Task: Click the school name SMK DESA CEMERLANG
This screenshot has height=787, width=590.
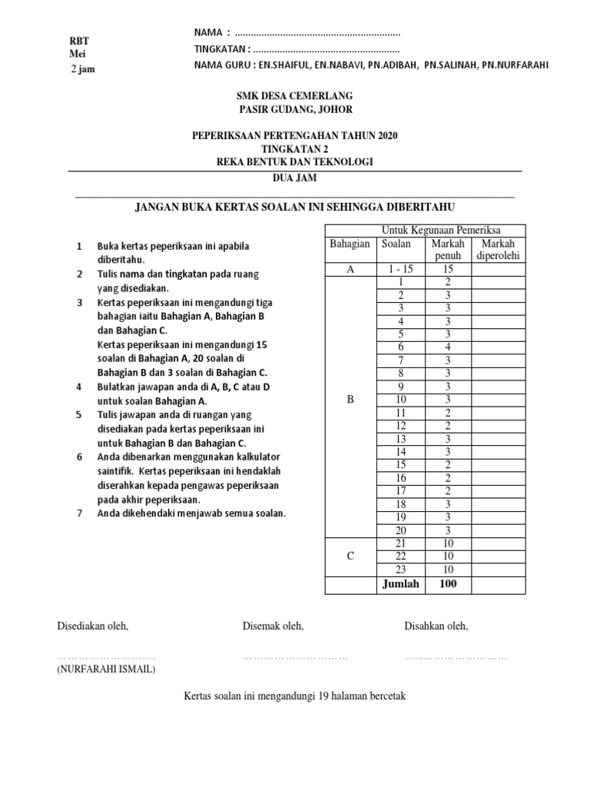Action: click(294, 96)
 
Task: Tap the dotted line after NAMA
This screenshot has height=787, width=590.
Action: click(317, 33)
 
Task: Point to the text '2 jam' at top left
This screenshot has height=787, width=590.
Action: click(83, 69)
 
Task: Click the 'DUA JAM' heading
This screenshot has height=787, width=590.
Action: click(294, 177)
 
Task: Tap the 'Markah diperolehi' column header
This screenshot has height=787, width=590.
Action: click(498, 249)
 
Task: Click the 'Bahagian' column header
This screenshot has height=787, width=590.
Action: click(350, 244)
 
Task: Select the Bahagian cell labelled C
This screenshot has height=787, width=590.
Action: click(350, 556)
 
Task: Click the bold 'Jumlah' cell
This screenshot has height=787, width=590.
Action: click(399, 584)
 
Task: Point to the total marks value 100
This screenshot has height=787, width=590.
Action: click(447, 584)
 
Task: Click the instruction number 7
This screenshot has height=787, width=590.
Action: click(78, 513)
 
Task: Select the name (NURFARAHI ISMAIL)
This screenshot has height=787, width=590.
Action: click(106, 669)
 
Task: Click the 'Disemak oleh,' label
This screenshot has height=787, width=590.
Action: click(273, 626)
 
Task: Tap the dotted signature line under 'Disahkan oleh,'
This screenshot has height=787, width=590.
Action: click(456, 658)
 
